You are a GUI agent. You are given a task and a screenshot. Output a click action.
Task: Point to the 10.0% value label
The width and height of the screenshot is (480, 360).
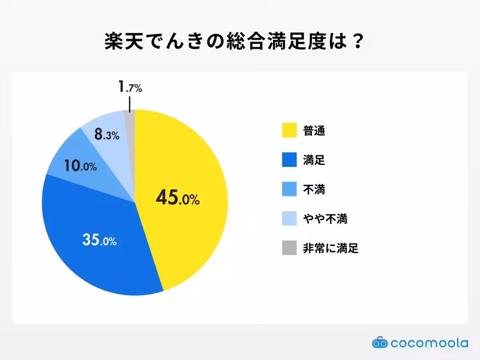[x=80, y=166]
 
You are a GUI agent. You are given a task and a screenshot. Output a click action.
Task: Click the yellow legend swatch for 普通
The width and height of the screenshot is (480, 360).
[x=289, y=130]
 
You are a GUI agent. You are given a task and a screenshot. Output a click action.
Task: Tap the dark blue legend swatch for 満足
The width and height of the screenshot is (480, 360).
[x=289, y=160]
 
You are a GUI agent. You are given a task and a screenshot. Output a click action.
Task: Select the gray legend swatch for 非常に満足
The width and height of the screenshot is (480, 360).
[x=289, y=248]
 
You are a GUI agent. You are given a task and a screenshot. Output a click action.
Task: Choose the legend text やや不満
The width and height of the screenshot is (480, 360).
[x=325, y=219]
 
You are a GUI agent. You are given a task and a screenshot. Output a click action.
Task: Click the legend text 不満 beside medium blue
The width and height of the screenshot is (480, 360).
[x=314, y=189]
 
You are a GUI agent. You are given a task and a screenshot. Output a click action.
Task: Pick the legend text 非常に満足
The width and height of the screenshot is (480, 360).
[x=330, y=248]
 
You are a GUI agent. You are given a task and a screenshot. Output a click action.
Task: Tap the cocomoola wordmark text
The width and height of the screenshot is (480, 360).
[x=429, y=343]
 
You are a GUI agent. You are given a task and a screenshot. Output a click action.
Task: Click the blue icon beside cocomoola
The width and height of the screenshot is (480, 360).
[x=380, y=342]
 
